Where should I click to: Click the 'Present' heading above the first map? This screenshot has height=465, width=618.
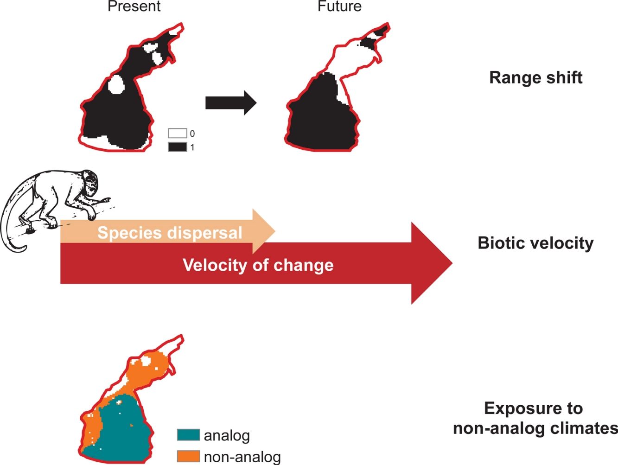coord(134,6)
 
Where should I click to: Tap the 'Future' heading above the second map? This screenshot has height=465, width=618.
coord(339,6)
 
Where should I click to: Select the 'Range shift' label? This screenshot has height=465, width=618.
coord(535,77)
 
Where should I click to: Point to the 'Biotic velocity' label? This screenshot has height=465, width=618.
coord(535,243)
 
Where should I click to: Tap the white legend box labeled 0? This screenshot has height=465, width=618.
coord(177,134)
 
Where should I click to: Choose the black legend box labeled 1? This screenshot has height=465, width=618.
coord(177,147)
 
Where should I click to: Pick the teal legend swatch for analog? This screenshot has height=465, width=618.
coord(188,435)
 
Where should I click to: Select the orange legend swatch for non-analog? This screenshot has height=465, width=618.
coord(188,457)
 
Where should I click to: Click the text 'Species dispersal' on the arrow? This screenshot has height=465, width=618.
coord(170,233)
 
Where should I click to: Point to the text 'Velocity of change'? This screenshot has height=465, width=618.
coord(258,265)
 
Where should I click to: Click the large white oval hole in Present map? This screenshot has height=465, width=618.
coord(115,85)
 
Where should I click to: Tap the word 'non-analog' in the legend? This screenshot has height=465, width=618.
coord(242,457)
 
